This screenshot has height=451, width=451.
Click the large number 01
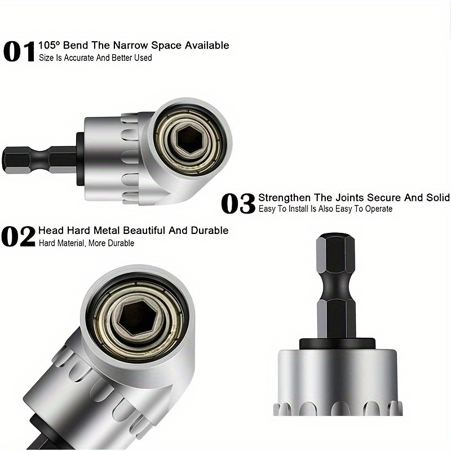pos(19,51)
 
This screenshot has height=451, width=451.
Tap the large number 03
pos(238,204)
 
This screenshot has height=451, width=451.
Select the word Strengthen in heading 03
pos(284,198)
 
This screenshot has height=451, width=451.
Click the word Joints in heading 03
pos(350,198)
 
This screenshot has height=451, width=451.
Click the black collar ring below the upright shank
pos(336,343)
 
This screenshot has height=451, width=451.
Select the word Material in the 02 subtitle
pos(77,243)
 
